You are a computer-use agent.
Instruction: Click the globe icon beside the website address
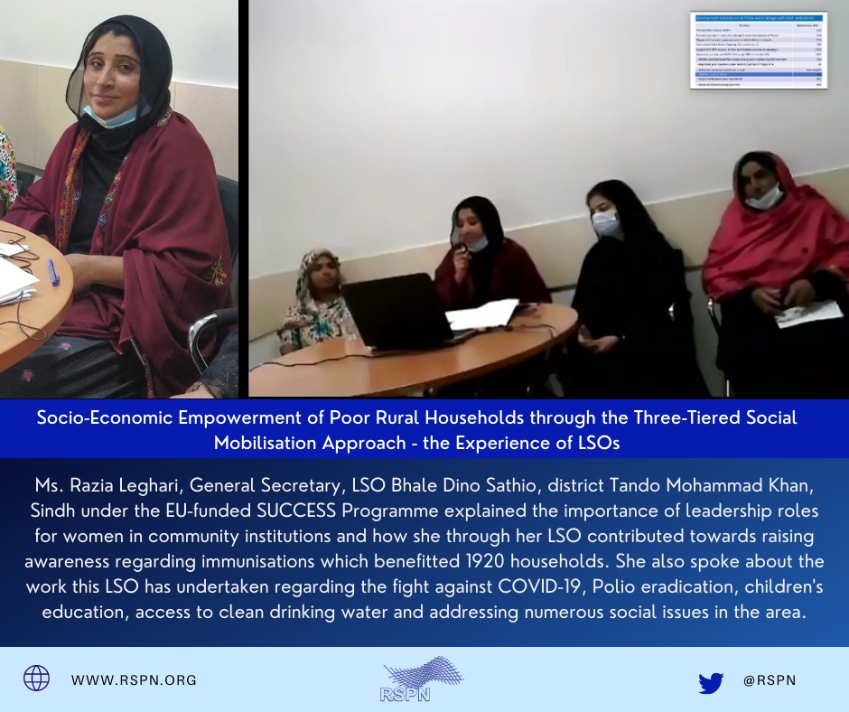[x=37, y=678]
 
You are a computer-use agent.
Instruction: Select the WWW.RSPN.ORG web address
[x=134, y=679]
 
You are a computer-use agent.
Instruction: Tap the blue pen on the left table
[x=53, y=271]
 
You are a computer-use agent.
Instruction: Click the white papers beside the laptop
[x=481, y=314]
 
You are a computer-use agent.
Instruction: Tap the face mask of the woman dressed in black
[x=607, y=224]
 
